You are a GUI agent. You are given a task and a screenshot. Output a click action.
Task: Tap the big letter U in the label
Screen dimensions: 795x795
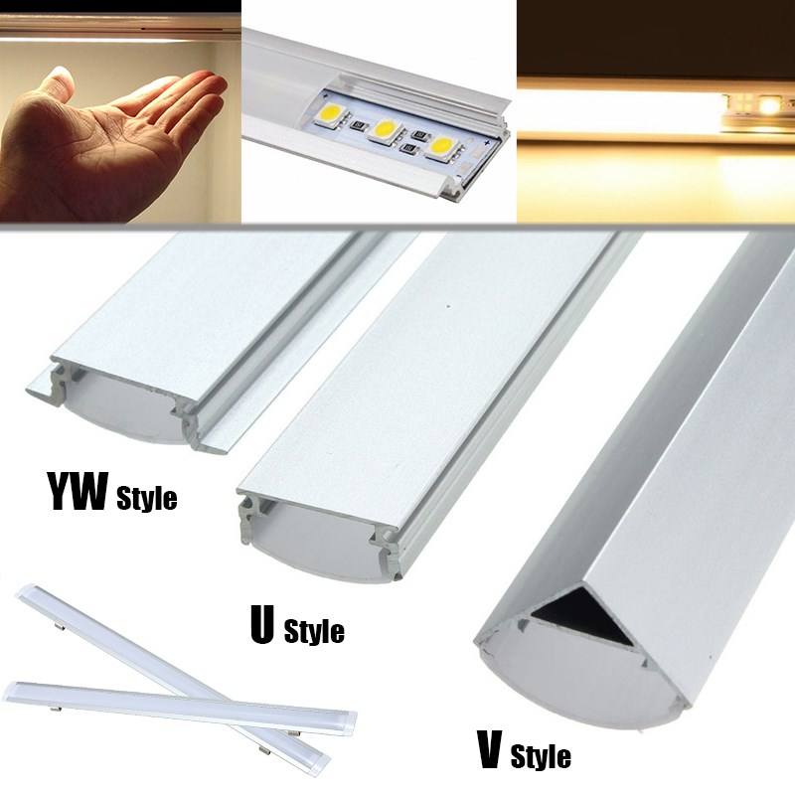[x=262, y=625]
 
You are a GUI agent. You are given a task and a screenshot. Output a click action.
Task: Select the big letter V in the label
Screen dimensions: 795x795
[x=490, y=749]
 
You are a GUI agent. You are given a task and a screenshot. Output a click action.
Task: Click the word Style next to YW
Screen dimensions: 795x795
[x=146, y=498]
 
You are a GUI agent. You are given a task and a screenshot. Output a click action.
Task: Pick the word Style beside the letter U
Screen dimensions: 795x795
[x=314, y=630]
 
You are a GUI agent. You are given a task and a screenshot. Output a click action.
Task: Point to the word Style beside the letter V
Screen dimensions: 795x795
[x=541, y=755]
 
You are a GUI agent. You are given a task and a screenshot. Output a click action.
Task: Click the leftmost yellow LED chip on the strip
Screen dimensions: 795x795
[x=332, y=114]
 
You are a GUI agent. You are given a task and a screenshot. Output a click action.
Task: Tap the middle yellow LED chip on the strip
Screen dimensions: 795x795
[x=387, y=130]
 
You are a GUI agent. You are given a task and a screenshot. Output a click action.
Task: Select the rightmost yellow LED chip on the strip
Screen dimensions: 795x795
[x=443, y=147]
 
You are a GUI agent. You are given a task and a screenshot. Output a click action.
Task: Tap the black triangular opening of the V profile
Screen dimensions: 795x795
[x=583, y=614]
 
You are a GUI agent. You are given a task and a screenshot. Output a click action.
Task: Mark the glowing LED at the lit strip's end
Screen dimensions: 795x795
[x=769, y=106]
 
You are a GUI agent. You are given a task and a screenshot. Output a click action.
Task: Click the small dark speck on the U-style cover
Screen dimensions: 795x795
[x=448, y=306]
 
